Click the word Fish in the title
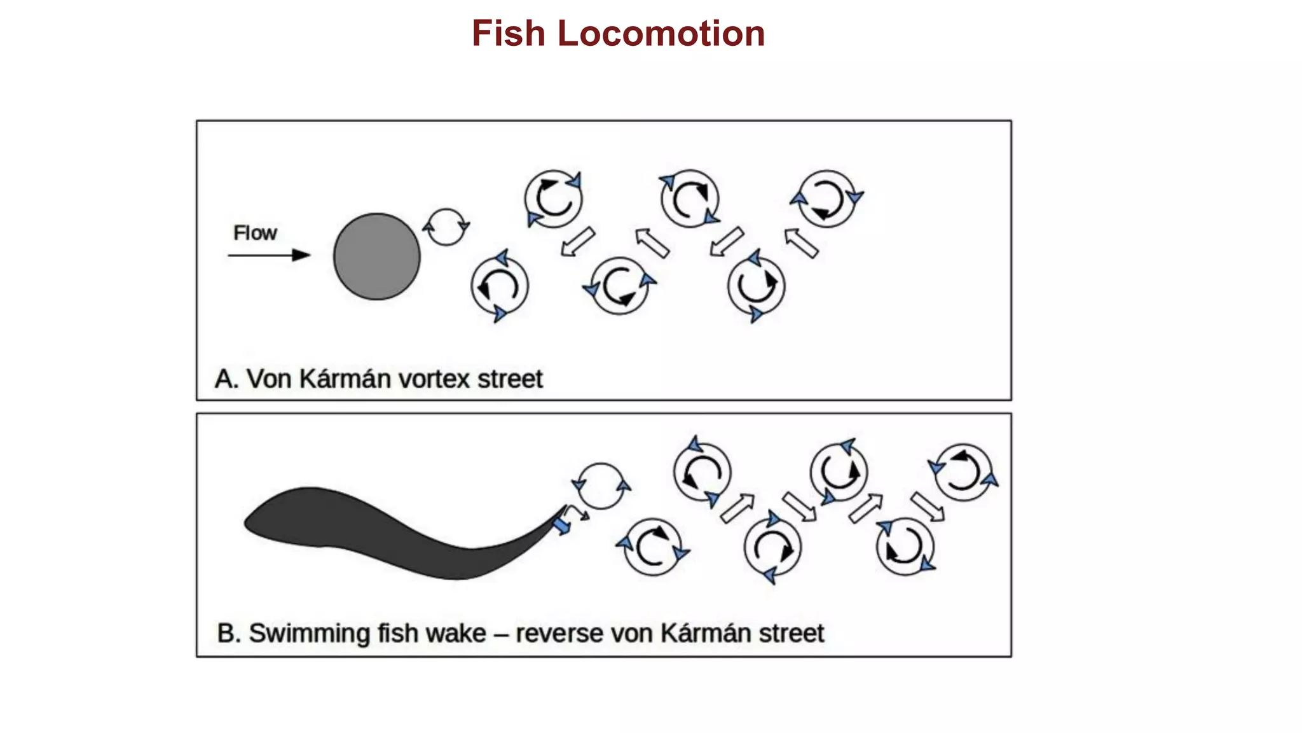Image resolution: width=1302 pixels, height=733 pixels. click(x=508, y=34)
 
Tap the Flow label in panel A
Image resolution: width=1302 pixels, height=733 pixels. click(x=255, y=233)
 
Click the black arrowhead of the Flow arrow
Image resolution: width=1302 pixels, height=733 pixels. click(x=301, y=255)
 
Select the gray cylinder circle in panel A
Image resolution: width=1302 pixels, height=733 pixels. click(x=377, y=256)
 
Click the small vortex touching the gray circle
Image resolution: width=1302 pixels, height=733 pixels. click(x=446, y=227)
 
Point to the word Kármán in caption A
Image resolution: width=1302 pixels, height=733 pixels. click(x=345, y=379)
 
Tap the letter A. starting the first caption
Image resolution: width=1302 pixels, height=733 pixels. click(x=226, y=379)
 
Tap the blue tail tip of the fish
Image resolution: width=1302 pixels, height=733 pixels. click(x=561, y=526)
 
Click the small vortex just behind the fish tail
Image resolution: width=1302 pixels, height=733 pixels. click(x=601, y=486)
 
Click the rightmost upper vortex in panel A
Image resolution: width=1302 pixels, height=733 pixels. click(x=826, y=199)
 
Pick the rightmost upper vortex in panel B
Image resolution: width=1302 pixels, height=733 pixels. click(x=963, y=472)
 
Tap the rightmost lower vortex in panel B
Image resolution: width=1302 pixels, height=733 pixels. click(x=905, y=547)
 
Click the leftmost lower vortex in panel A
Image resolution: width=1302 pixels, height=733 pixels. click(x=500, y=286)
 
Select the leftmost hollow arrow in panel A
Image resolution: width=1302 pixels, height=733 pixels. click(x=578, y=242)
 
